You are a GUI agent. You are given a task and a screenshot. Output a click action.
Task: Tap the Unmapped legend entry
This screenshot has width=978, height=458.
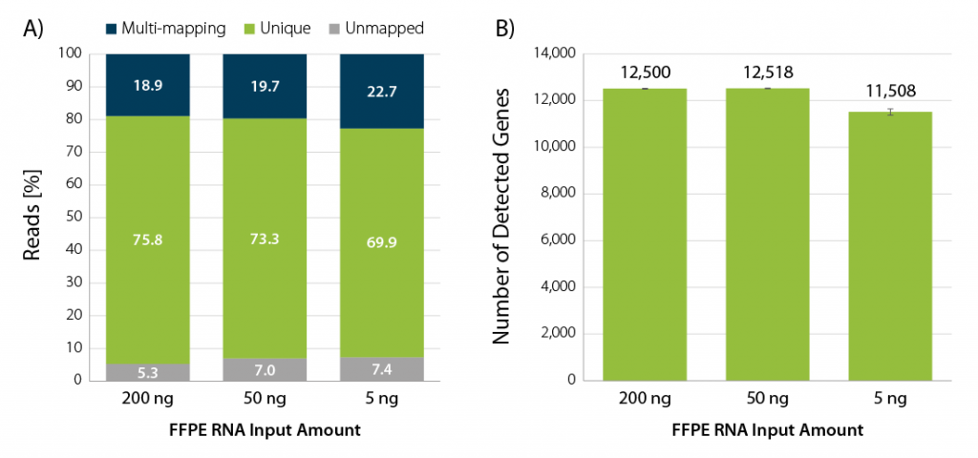[376, 29]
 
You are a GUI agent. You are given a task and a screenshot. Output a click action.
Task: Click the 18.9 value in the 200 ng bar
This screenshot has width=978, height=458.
[146, 86]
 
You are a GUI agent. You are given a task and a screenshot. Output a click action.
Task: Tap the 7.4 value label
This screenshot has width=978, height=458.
[382, 368]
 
